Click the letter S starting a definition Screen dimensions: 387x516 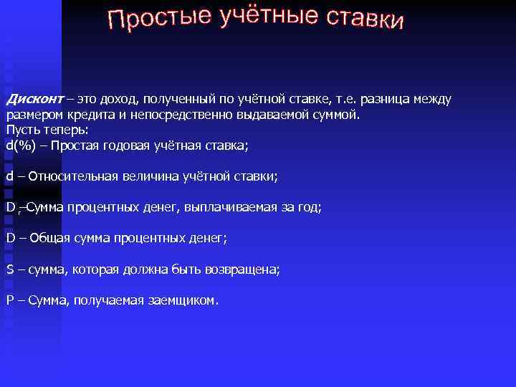coord(10,269)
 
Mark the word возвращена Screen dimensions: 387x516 coord(242,269)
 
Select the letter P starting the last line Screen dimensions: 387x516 coord(10,300)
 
